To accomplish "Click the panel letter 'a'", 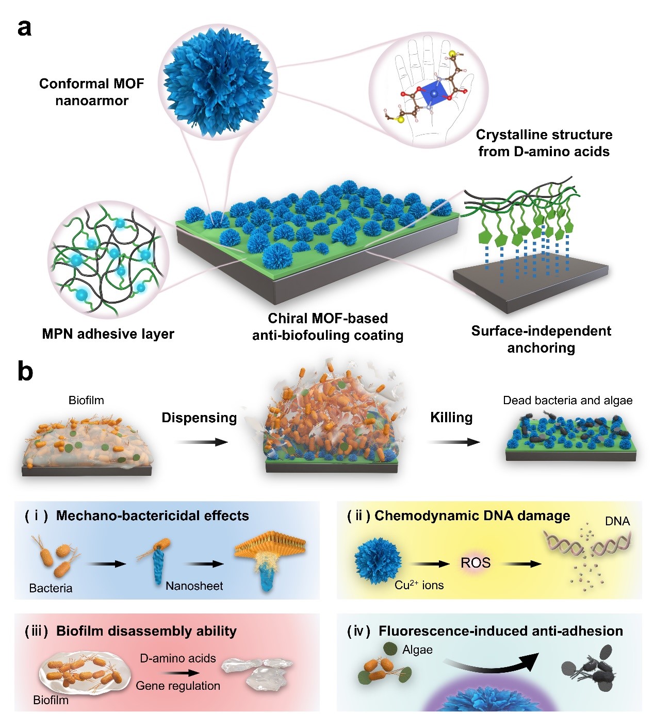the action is click(x=24, y=28).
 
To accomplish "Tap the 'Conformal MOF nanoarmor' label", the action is click(x=91, y=92).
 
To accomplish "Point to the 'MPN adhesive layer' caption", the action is click(x=108, y=334).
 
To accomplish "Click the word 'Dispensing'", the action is click(x=199, y=418).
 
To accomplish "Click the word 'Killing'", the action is click(x=451, y=417).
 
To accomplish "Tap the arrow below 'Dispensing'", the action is click(x=202, y=442).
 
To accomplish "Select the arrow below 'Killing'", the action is click(x=454, y=442).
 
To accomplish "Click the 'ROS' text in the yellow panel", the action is click(x=476, y=563).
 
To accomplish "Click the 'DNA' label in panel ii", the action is click(x=617, y=521).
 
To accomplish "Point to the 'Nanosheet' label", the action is click(x=194, y=586).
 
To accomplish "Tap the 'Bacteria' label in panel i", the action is click(x=51, y=588).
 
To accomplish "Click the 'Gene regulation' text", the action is click(x=178, y=686).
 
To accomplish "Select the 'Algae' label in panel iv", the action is click(x=417, y=650).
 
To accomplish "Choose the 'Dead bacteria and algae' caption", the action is click(x=568, y=401).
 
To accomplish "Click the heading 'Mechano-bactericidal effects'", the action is click(x=153, y=516).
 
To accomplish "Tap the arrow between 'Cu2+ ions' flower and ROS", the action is click(x=430, y=564).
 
